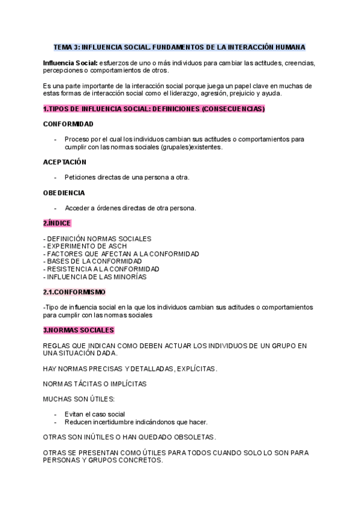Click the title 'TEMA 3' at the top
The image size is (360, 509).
point(66,47)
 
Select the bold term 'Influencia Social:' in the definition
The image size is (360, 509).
point(70,62)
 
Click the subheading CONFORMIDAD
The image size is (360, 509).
point(68,124)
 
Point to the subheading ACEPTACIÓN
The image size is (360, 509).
point(65,162)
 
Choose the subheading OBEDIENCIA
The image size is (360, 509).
point(64,193)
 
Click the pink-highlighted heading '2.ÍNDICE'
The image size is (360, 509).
point(57,223)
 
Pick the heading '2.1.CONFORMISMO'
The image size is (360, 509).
point(74,292)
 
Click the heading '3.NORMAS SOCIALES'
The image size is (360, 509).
point(79,330)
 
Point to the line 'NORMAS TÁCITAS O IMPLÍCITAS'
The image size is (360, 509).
point(95,384)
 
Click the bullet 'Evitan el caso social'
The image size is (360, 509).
point(95,414)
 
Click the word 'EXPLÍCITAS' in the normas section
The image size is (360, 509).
point(196,368)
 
